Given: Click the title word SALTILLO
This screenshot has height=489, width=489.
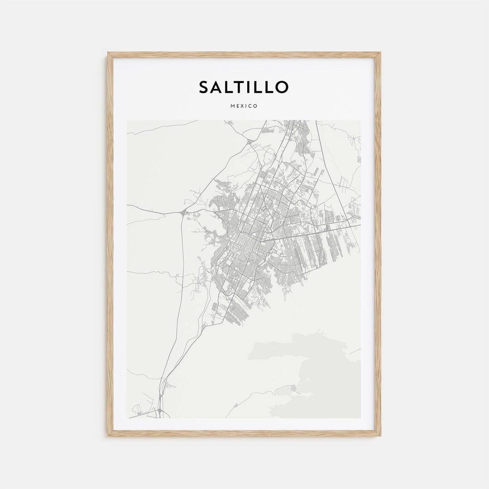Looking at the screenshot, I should (244, 87).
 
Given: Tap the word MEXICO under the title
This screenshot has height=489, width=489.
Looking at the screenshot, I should (244, 106).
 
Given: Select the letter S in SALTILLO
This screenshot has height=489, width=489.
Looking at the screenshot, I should (205, 87).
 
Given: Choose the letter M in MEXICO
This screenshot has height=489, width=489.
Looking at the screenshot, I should (232, 106).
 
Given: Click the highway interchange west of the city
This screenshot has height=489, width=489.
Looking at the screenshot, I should (183, 212).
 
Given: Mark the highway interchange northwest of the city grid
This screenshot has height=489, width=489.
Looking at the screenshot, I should (249, 142).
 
